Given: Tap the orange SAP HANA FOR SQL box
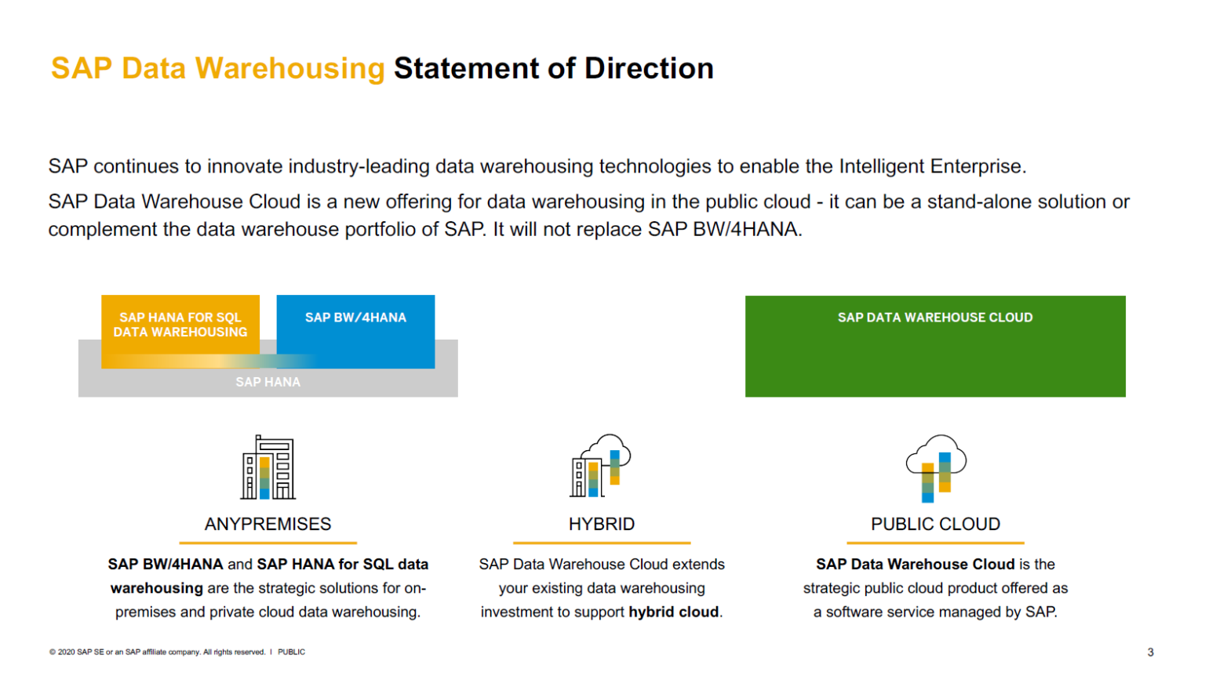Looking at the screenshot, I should pos(180,325).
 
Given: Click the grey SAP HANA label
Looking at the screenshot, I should pos(268,382).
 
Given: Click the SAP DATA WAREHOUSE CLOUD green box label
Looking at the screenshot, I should pos(934,318).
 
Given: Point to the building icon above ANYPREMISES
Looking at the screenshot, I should pos(268,467).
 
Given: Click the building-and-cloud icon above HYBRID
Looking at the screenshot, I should pos(601,466).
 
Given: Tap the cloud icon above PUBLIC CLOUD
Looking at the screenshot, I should pos(935,467).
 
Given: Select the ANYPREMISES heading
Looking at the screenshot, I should pos(268,524).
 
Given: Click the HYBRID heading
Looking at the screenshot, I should pos(602,524).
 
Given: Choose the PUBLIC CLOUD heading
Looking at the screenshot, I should pos(935,524).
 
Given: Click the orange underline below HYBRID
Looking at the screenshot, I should pos(602,543).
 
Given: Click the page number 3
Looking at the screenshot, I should pos(1150,652).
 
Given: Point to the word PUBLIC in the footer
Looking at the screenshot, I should pos(291,652).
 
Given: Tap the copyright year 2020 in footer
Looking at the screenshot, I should pos(66,652).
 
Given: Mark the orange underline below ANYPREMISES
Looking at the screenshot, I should pos(268,543).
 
